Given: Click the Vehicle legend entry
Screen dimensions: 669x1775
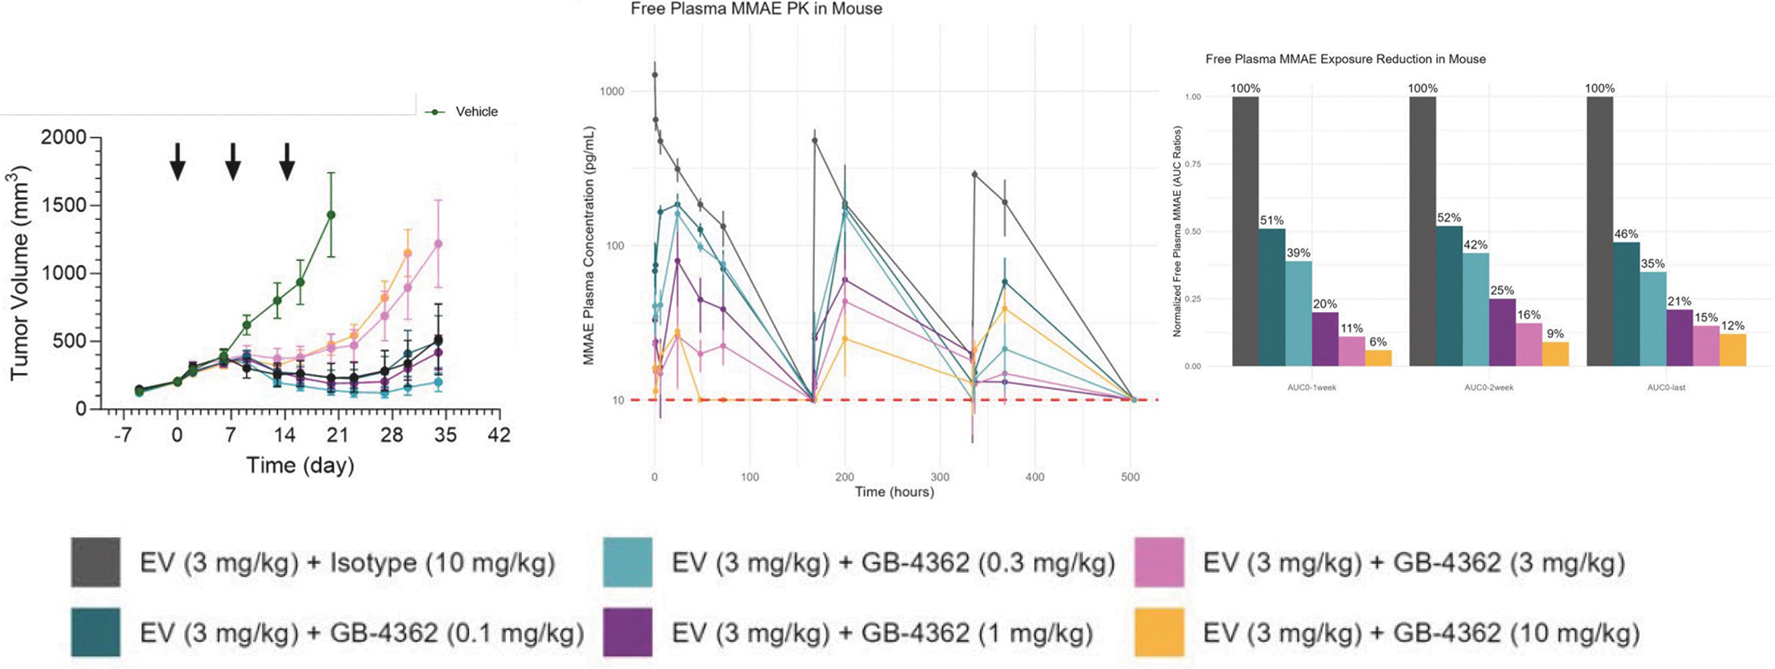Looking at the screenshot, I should pos(476,112).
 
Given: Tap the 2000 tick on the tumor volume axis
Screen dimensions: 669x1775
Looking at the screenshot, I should pos(64,138).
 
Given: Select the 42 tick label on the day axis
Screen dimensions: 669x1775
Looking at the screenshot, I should pos(500,435).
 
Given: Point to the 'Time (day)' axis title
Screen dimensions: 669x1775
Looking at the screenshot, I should pos(300,466).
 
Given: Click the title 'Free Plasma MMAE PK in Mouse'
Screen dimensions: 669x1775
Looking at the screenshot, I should pos(756,10).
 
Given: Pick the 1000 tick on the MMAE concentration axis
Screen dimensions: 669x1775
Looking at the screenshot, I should pos(612,91).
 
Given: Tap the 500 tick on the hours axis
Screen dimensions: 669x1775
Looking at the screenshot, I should pos(1130,477).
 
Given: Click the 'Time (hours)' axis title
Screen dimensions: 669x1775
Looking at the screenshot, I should pos(894,492).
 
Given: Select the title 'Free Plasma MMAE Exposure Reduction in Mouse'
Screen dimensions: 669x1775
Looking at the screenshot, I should pos(1345,59).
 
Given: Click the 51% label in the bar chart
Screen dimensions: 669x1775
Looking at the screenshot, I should pos(1271,221).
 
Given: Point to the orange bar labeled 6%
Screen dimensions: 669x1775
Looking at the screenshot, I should pos(1379,359).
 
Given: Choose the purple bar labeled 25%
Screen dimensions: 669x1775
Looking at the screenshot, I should pos(1502,332).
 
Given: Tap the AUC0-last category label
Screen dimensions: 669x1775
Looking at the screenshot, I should pos(1666,388).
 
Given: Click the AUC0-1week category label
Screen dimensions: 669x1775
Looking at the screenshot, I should pos(1311,388).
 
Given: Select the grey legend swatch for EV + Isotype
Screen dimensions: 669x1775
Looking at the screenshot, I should pos(96,563).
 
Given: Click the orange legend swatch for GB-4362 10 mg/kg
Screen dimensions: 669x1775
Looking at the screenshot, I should pos(1159,633).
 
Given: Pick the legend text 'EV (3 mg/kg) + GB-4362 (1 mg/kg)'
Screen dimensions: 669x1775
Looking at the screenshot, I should pos(882,634).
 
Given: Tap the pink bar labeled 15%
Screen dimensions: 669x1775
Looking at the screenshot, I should pos(1706,346).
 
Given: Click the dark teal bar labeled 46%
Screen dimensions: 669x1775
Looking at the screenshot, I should pos(1626,304).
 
